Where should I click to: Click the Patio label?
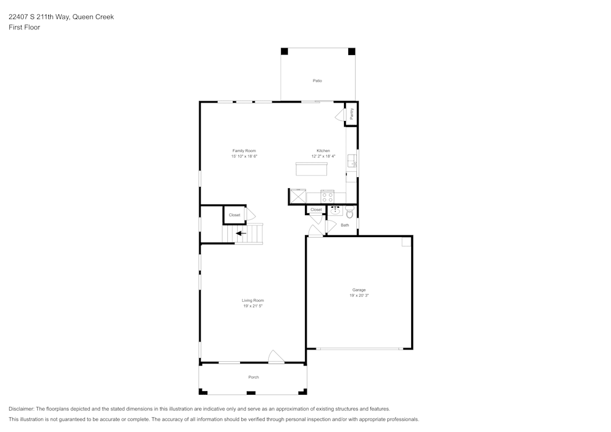click(317, 81)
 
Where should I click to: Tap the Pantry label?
click(351, 114)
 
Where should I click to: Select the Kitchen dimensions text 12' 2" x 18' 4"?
click(323, 156)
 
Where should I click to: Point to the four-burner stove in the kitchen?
click(327, 197)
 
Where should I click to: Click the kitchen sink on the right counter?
click(352, 161)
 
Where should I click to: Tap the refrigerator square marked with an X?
click(297, 197)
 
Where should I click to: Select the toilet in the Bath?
click(349, 213)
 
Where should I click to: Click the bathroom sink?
click(335, 211)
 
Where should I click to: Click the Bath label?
click(345, 225)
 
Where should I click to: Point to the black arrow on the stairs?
click(241, 233)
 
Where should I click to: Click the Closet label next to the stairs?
click(235, 215)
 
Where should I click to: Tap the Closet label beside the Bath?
click(316, 210)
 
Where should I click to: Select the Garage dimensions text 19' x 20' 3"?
click(359, 295)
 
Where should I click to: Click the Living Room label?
click(252, 300)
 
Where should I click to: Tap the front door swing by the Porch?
click(276, 357)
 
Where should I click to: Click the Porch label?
click(253, 377)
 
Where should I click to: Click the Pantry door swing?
click(340, 115)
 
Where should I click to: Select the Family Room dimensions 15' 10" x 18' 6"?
click(244, 156)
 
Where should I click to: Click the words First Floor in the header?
click(24, 27)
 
